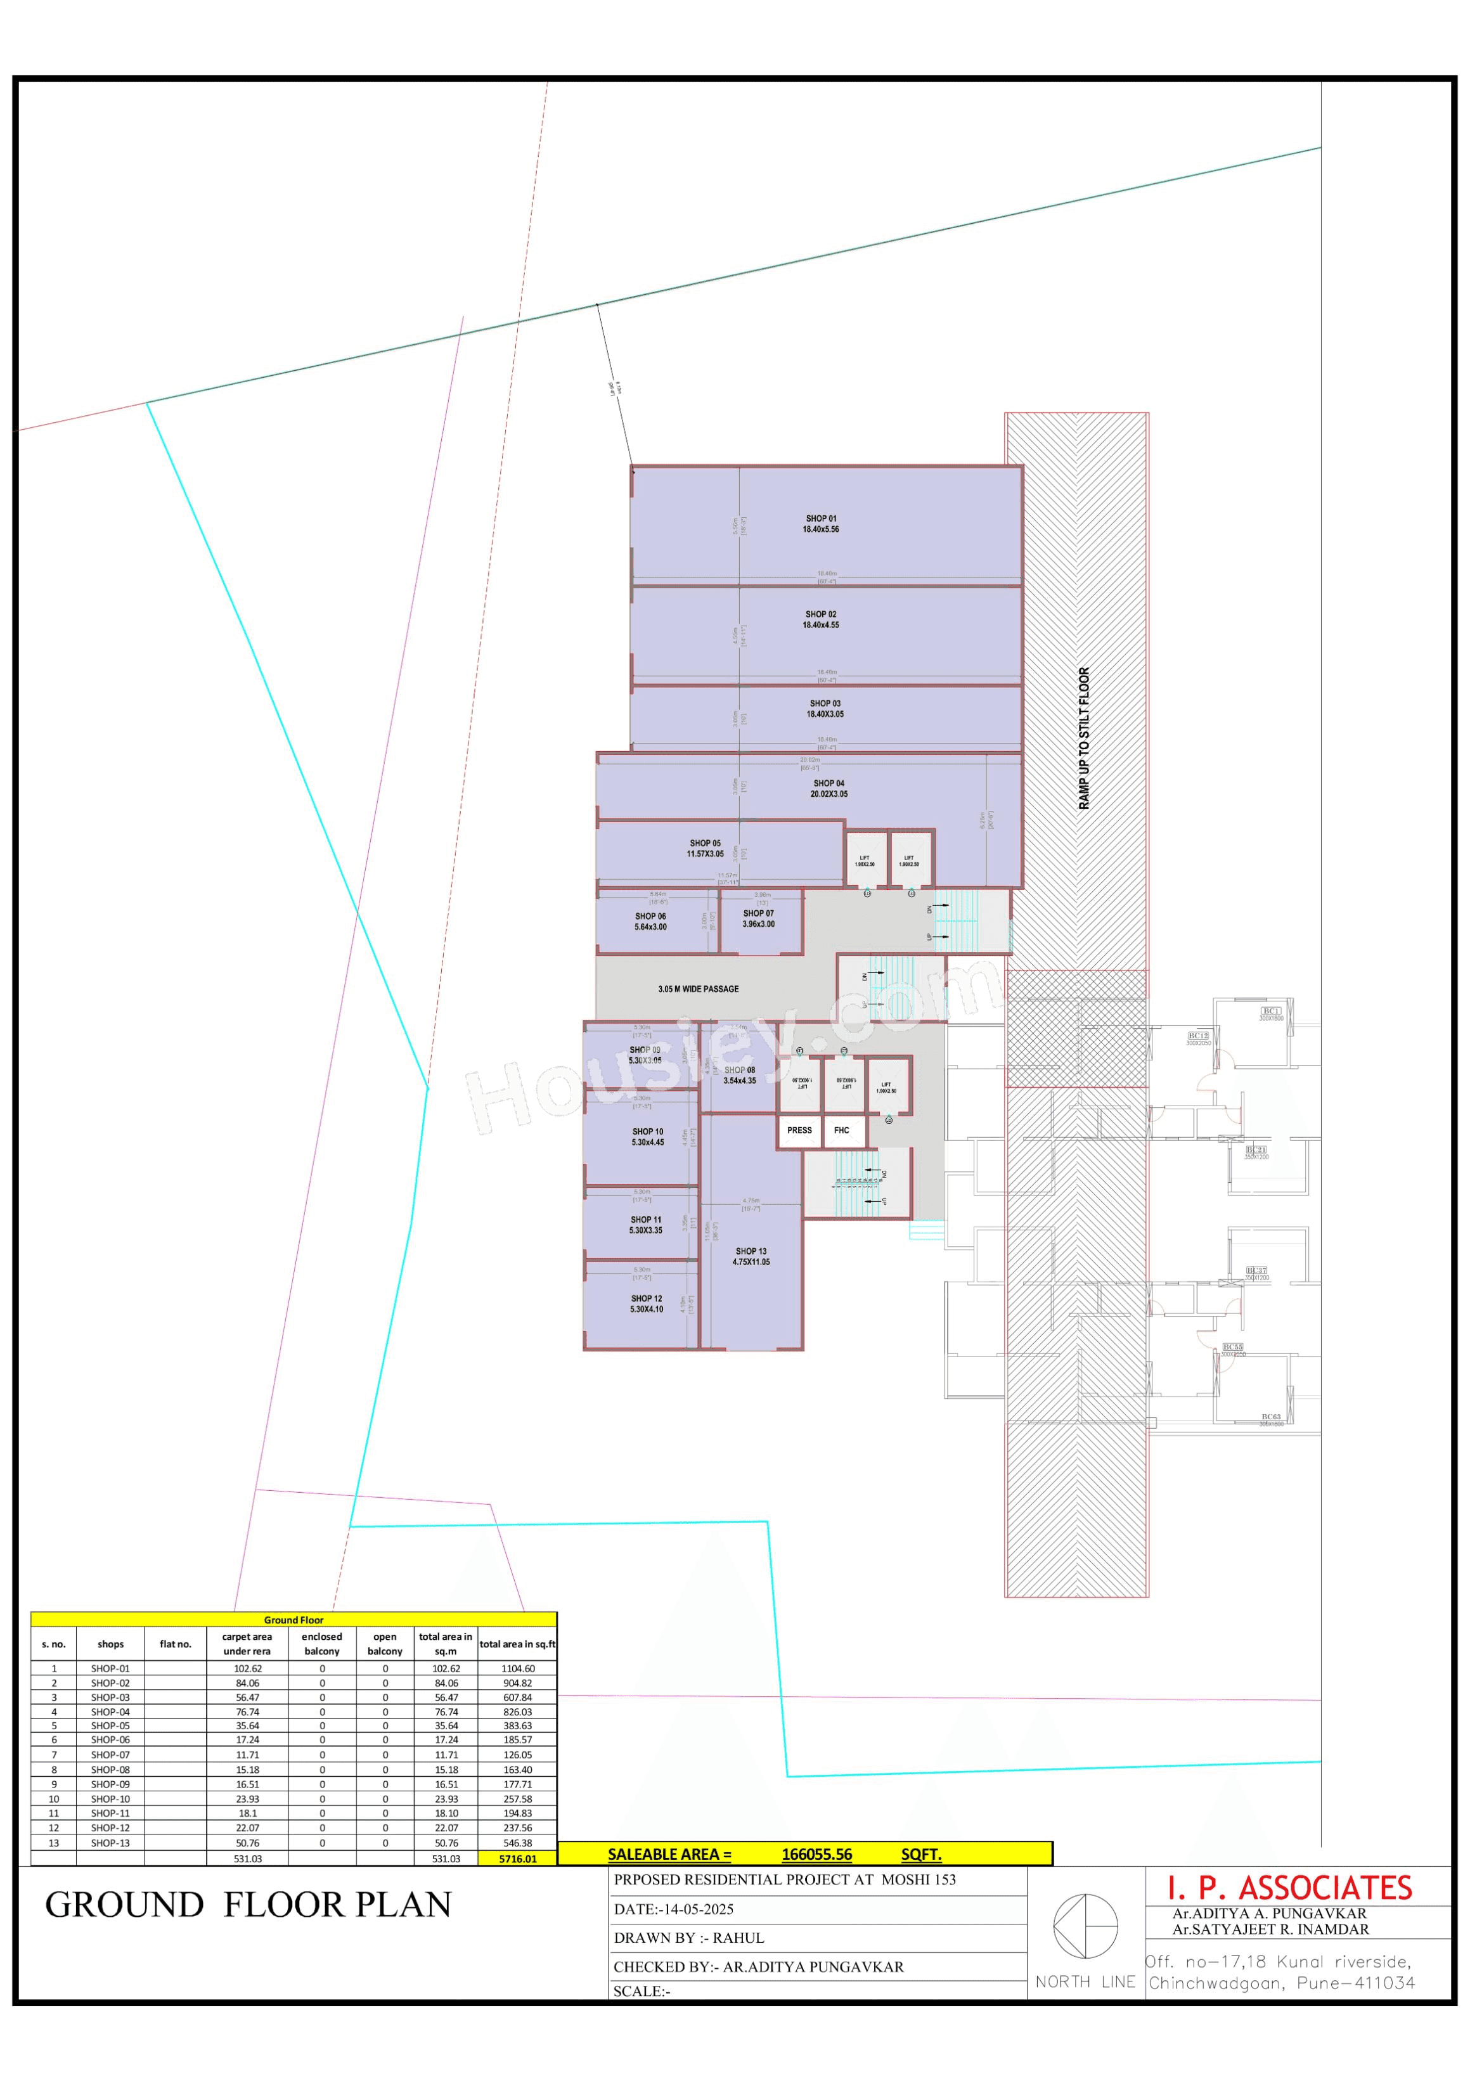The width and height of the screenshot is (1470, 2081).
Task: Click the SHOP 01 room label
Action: (x=820, y=524)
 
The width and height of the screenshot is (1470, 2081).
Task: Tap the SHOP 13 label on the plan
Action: (x=751, y=1256)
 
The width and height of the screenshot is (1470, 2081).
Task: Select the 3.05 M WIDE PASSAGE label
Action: (x=698, y=989)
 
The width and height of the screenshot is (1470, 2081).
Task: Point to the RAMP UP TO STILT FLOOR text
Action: (x=1084, y=738)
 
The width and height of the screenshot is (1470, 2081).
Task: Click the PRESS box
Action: (x=799, y=1130)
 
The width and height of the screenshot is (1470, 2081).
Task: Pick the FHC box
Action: (x=841, y=1130)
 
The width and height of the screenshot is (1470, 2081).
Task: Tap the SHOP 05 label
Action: (x=705, y=848)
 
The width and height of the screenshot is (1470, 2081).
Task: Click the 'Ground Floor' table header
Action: (x=293, y=1620)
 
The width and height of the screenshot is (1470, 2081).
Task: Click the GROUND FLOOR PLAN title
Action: (x=248, y=1904)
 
